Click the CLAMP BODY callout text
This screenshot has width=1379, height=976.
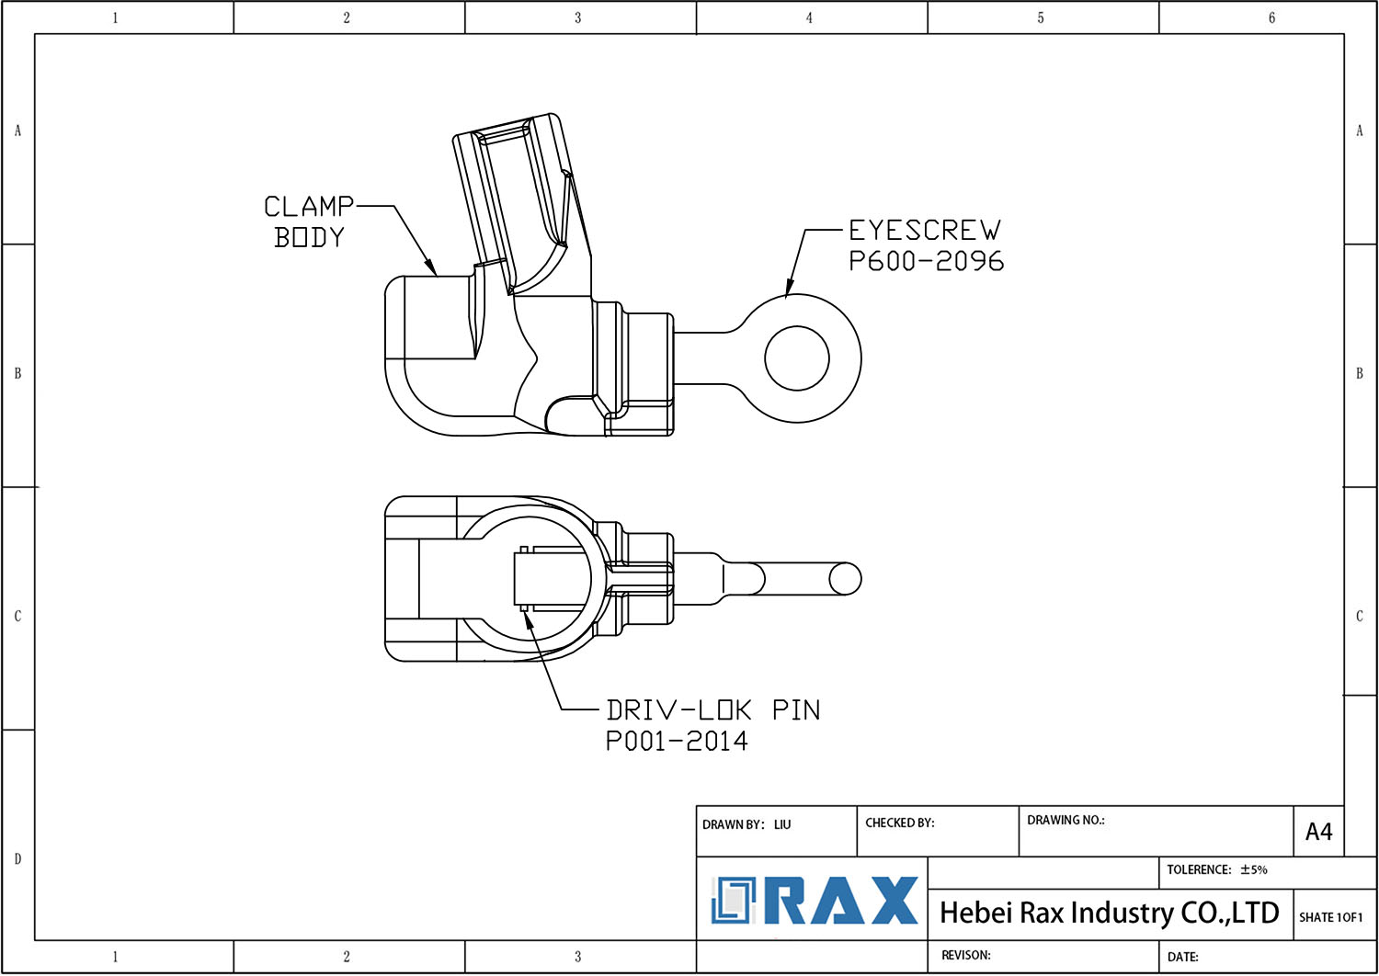point(309,221)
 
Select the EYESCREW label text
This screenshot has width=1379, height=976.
point(924,230)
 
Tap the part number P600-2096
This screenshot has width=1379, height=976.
point(926,261)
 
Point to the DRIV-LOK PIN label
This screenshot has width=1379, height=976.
point(712,710)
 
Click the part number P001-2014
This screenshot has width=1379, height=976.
point(677,741)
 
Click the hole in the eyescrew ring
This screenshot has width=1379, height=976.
point(797,357)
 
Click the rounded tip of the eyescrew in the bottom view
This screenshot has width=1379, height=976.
point(845,579)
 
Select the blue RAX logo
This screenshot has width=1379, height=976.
point(815,901)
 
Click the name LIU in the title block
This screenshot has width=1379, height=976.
point(782,824)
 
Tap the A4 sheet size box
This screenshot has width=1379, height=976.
point(1318,832)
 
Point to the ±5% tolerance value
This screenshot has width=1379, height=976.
point(1253,869)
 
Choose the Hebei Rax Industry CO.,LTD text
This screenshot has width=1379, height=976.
point(1109,913)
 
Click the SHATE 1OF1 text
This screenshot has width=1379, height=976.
point(1330,917)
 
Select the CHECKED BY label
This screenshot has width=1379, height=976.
point(899,823)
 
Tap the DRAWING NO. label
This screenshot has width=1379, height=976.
point(1066,820)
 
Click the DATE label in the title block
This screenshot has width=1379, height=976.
point(1182,957)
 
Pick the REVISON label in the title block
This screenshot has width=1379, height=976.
point(965,955)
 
